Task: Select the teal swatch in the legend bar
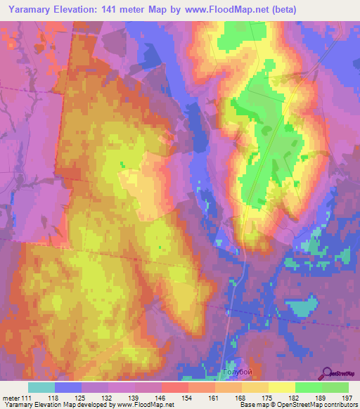(41, 387)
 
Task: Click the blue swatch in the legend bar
(68, 387)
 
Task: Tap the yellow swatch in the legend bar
(281, 387)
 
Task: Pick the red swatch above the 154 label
(174, 387)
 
